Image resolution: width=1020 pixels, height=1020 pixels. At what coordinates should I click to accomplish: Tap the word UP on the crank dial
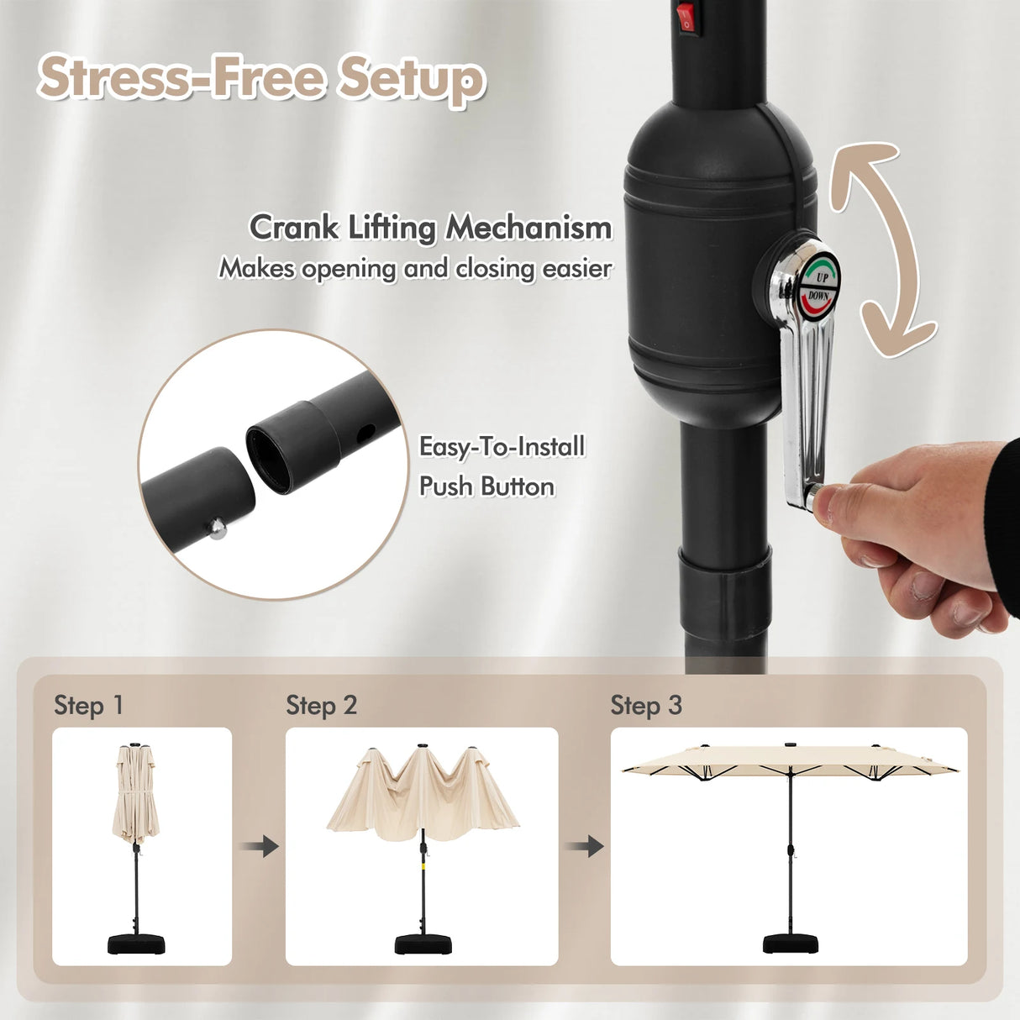(x=822, y=276)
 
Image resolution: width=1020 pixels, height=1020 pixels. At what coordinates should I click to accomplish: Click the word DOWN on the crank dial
(x=818, y=297)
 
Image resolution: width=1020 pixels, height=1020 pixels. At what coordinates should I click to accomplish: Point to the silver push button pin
(x=217, y=528)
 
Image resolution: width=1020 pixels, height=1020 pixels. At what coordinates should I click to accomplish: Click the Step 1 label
(x=88, y=706)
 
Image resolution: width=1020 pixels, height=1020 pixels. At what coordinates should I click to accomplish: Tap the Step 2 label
(x=321, y=706)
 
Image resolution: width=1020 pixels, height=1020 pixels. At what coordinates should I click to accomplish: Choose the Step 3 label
(x=646, y=706)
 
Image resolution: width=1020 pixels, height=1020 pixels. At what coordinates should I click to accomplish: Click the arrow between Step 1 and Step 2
(x=260, y=846)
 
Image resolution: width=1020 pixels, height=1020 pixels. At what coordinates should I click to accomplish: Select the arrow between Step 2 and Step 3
(x=585, y=846)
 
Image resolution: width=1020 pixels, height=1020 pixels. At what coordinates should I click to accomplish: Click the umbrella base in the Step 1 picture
(x=136, y=944)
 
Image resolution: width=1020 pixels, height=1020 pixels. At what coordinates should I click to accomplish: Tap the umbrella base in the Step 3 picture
(x=791, y=944)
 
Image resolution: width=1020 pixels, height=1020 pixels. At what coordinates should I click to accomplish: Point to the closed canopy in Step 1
(x=135, y=793)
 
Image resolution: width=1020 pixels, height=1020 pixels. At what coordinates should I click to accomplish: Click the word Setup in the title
(x=412, y=79)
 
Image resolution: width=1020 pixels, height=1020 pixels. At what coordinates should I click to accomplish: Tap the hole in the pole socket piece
(x=365, y=433)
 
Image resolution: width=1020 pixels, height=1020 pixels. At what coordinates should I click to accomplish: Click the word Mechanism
(x=528, y=228)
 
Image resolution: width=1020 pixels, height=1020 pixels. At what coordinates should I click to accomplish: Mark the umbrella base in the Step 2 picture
(x=423, y=944)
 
